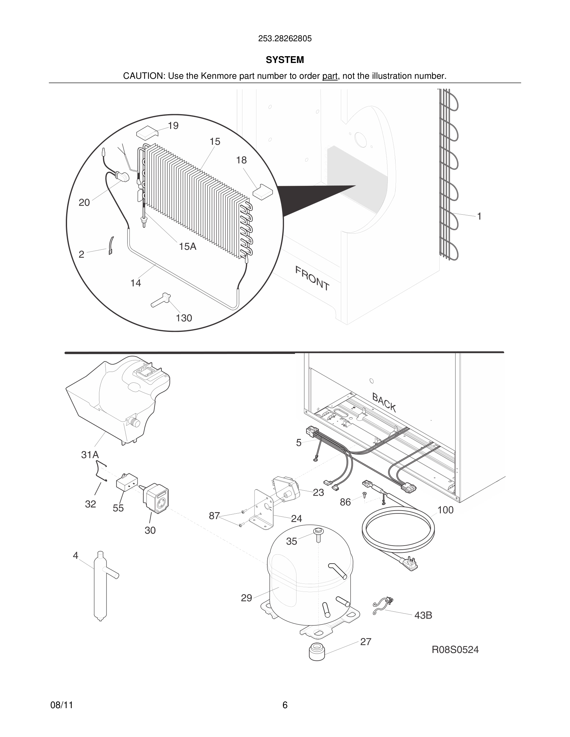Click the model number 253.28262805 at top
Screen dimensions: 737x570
285,39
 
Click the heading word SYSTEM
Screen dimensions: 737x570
285,60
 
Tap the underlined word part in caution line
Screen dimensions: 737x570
330,76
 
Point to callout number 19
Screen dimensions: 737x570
173,126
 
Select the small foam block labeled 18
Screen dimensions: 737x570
262,191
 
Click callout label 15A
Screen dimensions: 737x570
188,247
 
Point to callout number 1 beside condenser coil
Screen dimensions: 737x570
479,216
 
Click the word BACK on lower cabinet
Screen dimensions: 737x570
384,402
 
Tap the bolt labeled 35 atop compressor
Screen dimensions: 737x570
318,535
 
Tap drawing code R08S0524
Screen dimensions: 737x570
455,650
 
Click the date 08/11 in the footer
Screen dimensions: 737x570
61,705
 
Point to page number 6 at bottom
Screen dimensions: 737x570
285,705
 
